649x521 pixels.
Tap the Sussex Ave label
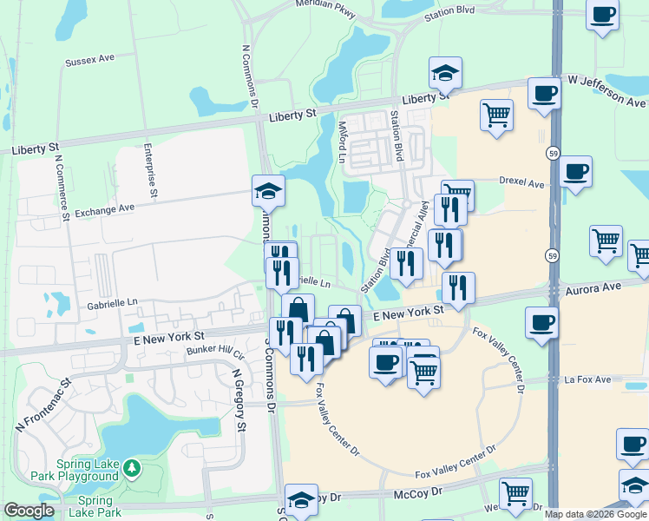(x=89, y=62)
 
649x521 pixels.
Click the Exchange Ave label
(x=104, y=209)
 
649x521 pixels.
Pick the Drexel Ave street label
(x=521, y=183)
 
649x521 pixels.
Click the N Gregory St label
(x=239, y=399)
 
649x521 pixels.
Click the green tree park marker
(x=131, y=469)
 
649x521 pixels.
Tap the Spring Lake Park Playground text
(x=87, y=470)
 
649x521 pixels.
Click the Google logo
(x=29, y=511)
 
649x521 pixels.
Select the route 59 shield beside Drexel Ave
(x=553, y=154)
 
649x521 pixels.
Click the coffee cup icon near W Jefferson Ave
(x=544, y=93)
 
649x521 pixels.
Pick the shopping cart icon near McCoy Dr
(x=515, y=493)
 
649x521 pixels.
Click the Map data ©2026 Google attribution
(x=595, y=514)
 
